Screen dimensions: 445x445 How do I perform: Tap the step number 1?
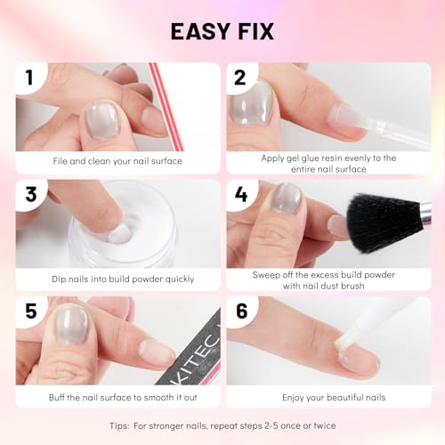29,77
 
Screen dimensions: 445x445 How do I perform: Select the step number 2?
240,77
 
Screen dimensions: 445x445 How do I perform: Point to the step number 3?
30,195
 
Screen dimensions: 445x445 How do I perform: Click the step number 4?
241,195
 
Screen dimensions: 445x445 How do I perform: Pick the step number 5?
31,311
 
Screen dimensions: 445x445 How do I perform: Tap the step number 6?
242,311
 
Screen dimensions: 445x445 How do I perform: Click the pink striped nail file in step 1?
166,107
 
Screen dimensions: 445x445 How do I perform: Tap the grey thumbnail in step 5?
71,325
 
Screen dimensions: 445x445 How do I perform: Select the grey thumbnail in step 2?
252,103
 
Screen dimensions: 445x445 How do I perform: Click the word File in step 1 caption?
61,161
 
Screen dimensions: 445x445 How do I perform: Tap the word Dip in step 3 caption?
59,279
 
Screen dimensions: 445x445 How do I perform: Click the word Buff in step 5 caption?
56,397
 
